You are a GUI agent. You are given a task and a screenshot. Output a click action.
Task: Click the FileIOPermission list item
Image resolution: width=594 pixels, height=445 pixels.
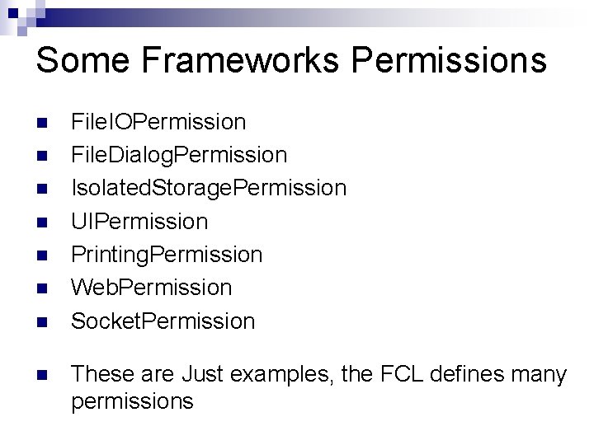[158, 122]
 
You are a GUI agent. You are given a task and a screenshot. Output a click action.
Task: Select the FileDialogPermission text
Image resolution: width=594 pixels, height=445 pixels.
[179, 155]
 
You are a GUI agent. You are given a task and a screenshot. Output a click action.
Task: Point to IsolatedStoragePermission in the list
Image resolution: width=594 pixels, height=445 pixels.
[209, 188]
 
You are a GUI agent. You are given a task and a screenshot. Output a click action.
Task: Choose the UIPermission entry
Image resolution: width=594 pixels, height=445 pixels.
[139, 221]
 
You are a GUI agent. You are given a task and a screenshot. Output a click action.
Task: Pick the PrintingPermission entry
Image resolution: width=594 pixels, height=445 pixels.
[167, 254]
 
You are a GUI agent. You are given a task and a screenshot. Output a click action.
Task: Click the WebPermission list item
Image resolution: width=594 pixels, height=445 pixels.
[152, 287]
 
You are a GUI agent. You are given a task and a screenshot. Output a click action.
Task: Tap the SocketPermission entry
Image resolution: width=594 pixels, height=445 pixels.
[163, 320]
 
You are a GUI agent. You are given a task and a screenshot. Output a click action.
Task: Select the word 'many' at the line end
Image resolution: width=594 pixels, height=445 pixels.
[544, 375]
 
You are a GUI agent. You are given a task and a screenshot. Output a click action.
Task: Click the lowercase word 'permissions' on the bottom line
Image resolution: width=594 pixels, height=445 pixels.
[132, 402]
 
